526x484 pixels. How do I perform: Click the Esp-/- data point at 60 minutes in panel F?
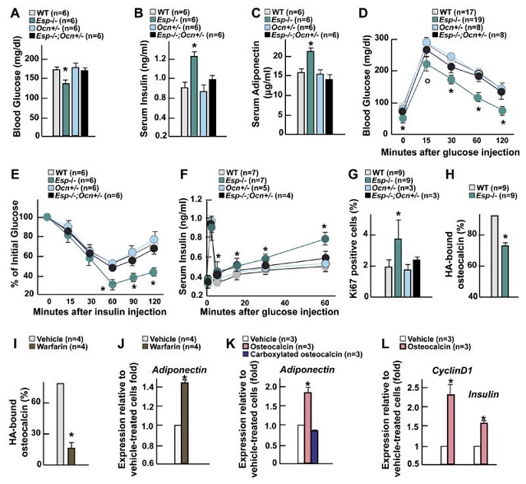click(325, 240)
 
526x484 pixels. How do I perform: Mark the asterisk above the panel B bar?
click(194, 46)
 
